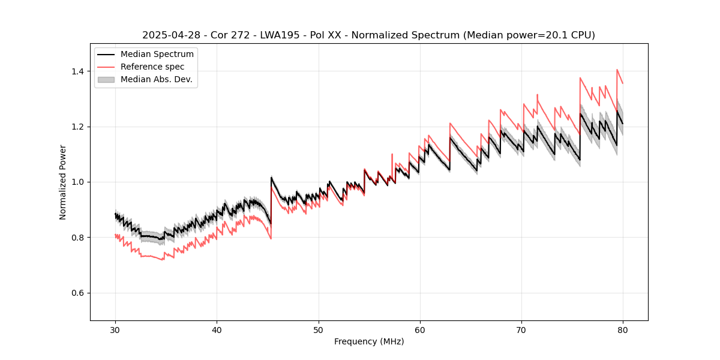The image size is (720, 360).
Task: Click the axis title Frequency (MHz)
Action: click(x=369, y=341)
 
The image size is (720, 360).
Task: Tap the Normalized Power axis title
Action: click(x=62, y=182)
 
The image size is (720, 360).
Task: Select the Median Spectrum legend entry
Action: click(x=157, y=55)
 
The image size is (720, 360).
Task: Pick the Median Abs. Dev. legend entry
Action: click(x=156, y=79)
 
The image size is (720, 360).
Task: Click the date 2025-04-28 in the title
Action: click(x=170, y=35)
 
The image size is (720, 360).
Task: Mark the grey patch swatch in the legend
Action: click(x=107, y=79)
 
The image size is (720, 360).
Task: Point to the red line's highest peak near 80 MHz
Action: click(x=617, y=70)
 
